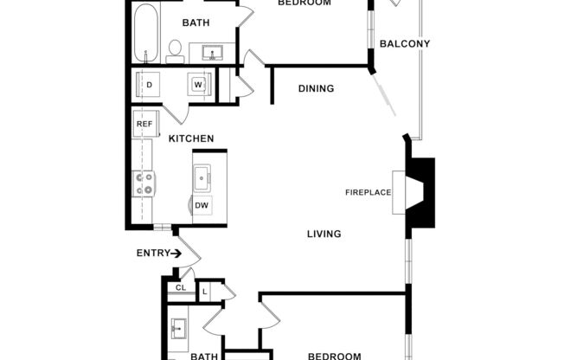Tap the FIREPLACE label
[369, 192]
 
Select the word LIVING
[324, 234]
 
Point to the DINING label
[316, 88]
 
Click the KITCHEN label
[191, 138]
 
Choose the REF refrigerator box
[144, 124]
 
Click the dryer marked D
[149, 85]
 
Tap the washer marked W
[199, 85]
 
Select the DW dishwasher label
[201, 205]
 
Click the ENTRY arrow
[176, 254]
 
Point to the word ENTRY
[152, 254]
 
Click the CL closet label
[181, 287]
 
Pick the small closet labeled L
[205, 291]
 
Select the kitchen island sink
[203, 179]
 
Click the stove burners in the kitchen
[143, 183]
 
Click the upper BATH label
[195, 23]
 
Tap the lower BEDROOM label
[334, 356]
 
